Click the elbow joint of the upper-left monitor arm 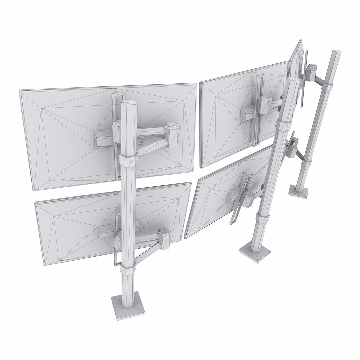click(172, 135)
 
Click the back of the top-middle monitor click(227, 113)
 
